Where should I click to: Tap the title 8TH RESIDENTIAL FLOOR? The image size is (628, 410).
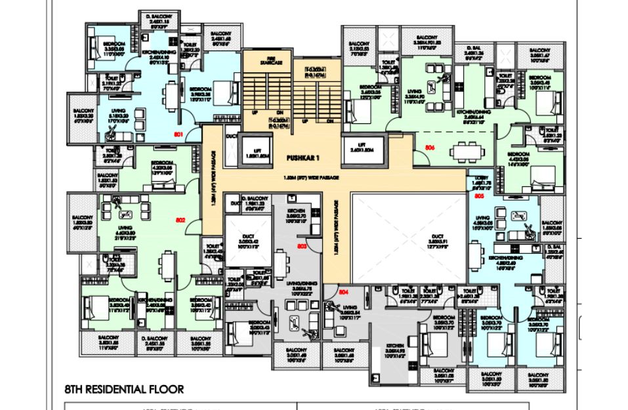(x=124, y=389)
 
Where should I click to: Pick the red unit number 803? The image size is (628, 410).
(x=302, y=247)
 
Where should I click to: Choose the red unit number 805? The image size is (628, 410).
(x=479, y=195)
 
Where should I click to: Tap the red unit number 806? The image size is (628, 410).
(x=430, y=148)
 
